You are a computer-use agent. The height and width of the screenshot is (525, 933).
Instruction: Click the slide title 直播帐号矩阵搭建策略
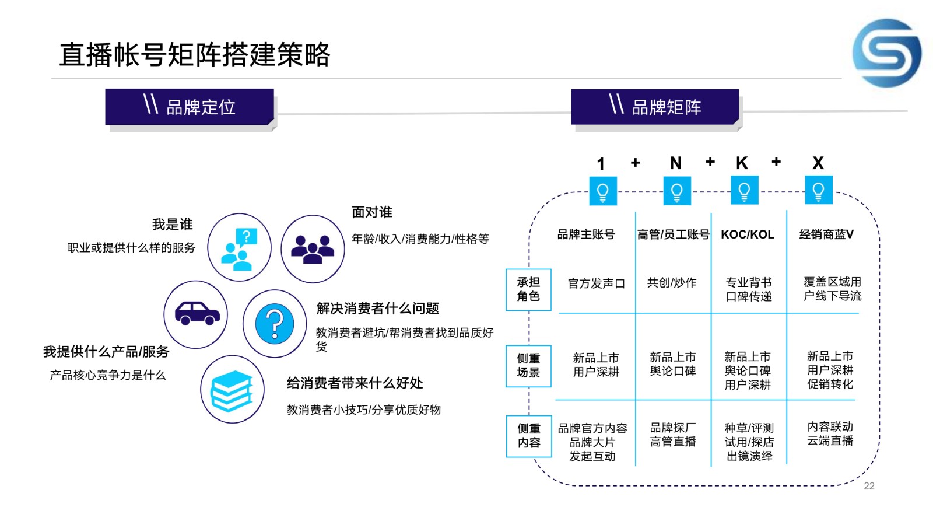[x=195, y=55]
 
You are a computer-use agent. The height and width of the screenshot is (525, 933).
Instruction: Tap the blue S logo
[x=886, y=53]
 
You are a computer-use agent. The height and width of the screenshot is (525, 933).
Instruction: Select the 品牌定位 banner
[x=190, y=107]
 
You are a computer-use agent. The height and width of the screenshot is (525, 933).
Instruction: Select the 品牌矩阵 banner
[x=655, y=107]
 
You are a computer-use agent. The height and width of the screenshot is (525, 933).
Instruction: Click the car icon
[x=197, y=313]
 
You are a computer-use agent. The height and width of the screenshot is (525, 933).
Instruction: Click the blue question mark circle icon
[x=275, y=324]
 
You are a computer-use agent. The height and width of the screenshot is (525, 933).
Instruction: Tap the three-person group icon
[x=313, y=249]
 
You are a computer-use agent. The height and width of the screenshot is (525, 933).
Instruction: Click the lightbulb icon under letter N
[x=677, y=191]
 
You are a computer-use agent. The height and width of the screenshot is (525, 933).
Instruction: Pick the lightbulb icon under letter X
[x=819, y=190]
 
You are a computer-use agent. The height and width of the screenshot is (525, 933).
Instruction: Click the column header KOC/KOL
[x=748, y=235]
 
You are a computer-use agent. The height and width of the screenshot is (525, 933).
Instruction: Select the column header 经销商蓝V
[x=826, y=234]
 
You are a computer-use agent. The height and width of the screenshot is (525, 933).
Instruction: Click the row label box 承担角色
[x=528, y=289]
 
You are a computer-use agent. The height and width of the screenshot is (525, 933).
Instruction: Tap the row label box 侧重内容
[x=529, y=436]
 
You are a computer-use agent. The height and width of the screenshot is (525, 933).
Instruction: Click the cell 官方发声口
[x=597, y=283]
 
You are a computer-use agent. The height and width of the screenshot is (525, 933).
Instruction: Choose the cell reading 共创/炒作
[x=672, y=283]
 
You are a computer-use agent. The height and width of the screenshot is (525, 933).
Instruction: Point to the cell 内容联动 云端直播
[x=830, y=434]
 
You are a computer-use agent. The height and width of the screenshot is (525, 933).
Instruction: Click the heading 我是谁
[x=173, y=225]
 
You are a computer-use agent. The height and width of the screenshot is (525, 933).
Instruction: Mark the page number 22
[x=869, y=486]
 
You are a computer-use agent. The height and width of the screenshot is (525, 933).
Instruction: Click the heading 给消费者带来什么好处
[x=355, y=383]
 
